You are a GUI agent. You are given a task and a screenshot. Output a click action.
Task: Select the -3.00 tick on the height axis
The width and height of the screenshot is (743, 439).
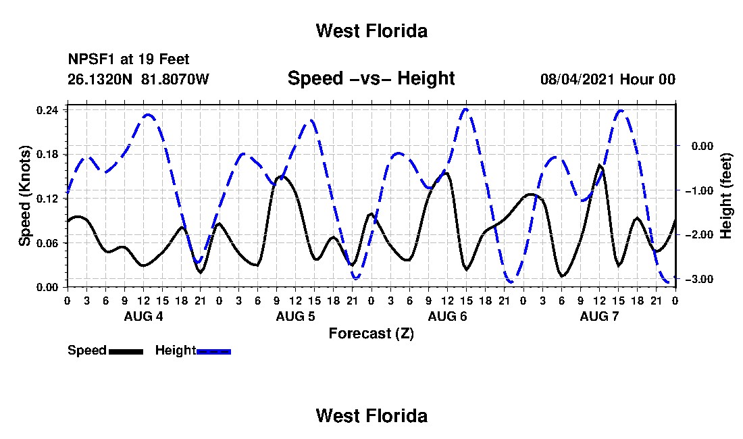(699, 279)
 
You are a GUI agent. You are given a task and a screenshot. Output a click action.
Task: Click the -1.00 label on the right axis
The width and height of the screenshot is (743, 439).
(699, 190)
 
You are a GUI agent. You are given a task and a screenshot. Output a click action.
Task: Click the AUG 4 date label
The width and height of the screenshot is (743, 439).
(144, 316)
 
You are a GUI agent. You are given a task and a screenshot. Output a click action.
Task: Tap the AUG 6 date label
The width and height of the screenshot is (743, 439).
(447, 316)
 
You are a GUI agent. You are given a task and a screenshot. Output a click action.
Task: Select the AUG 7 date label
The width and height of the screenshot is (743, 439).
(599, 316)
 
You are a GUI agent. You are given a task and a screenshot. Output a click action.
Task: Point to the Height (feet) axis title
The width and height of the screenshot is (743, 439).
(726, 196)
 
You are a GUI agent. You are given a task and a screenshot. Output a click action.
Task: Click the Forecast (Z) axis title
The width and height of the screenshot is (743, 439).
(371, 334)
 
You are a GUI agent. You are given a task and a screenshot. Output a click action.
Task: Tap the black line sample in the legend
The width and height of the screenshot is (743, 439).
(126, 351)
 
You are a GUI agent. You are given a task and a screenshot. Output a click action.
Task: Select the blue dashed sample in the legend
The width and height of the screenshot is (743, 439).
(213, 351)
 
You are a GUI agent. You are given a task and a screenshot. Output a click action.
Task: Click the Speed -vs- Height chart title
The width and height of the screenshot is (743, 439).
(371, 78)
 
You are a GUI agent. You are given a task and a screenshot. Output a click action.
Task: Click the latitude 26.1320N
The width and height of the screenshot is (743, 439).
(100, 79)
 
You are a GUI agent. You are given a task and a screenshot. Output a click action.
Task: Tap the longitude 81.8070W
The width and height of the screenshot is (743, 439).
(175, 79)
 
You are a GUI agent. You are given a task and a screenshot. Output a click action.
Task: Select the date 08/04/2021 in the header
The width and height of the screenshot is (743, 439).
(578, 79)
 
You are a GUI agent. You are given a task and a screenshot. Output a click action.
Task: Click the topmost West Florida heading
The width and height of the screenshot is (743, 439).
(372, 31)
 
